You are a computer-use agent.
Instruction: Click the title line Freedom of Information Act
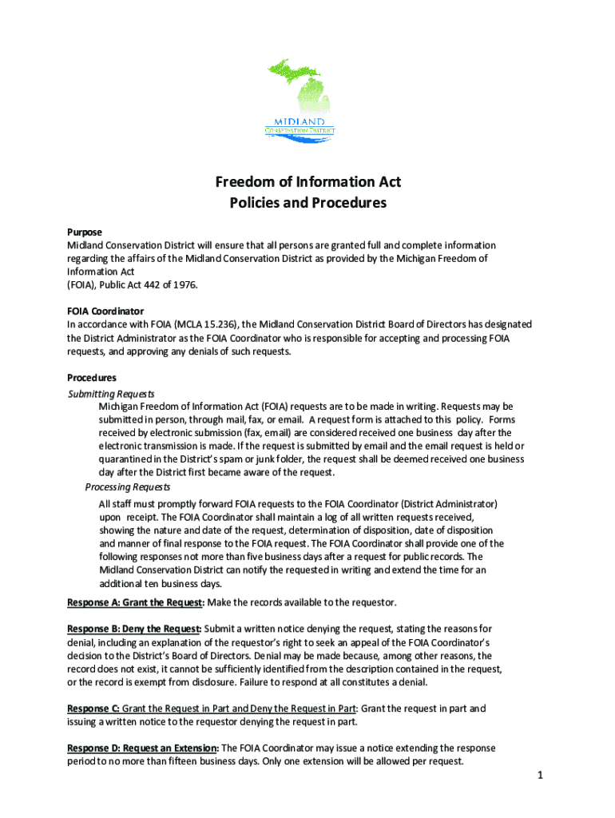point(307,182)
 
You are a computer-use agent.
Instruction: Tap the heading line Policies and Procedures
point(307,203)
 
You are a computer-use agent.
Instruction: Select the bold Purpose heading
point(85,232)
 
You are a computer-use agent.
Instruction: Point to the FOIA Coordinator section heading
point(105,311)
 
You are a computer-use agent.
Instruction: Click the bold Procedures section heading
point(92,377)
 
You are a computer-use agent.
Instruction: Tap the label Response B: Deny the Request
point(134,629)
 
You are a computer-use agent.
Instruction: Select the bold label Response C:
point(93,709)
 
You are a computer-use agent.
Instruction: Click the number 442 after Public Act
point(148,285)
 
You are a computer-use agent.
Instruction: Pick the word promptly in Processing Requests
point(169,504)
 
